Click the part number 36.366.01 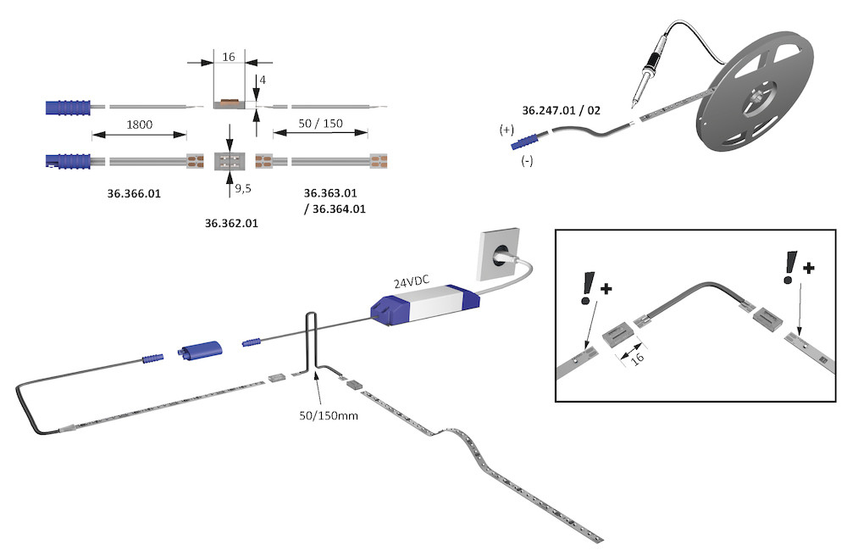(134, 194)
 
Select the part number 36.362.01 (231, 224)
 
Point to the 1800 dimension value (139, 125)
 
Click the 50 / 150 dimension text (320, 124)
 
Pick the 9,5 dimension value (242, 188)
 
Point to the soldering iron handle (652, 64)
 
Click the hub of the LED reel (754, 100)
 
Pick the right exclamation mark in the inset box (791, 264)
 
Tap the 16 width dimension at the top (228, 57)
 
